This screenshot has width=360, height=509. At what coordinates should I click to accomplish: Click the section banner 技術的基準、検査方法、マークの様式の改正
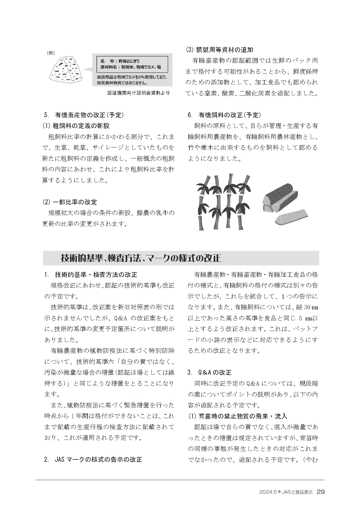coord(141,258)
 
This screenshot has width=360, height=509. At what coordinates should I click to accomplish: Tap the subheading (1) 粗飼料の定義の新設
coord(76,126)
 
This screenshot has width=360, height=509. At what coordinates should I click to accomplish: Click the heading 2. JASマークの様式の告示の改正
coord(93,460)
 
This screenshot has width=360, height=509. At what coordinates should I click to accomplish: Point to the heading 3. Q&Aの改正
coord(209,372)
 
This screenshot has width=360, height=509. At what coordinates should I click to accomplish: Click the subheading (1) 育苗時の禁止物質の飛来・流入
coord(238,416)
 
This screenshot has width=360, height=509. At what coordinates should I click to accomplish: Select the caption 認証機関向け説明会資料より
coord(138,93)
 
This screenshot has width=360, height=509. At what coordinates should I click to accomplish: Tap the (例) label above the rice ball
coord(51,53)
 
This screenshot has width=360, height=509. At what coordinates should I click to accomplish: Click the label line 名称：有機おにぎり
coord(120,61)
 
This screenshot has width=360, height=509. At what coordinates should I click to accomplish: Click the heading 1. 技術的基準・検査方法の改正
coord(91,275)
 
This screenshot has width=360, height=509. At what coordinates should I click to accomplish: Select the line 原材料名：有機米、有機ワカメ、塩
coord(131,67)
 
